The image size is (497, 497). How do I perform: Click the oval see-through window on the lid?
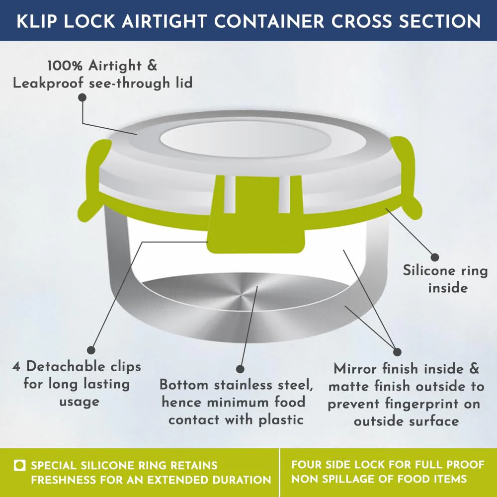[246, 139]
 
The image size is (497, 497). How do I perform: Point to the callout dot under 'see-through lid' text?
[83, 97]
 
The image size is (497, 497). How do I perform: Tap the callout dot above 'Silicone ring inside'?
[435, 257]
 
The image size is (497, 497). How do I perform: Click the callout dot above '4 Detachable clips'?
[91, 350]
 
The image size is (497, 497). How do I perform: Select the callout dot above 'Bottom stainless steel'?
[240, 369]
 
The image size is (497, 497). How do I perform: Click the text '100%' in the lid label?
[65, 66]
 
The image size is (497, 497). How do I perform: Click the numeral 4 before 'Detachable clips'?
[16, 367]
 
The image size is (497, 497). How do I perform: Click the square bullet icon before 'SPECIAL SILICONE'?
[20, 465]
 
